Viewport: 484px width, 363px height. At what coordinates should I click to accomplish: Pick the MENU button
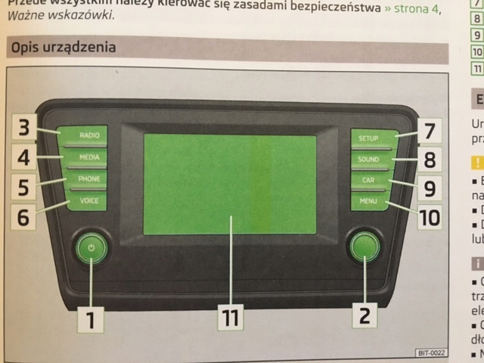coord(371,202)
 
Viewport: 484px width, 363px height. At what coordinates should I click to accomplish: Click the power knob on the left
coord(90,248)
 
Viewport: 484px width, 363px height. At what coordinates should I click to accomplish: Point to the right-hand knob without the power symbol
coord(364,247)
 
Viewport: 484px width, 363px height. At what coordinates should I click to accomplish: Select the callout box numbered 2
coord(365,315)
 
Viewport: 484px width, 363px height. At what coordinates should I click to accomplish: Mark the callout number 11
coord(230,318)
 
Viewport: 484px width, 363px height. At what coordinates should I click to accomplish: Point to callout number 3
coord(24,128)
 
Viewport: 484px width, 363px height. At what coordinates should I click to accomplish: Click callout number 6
coord(24,216)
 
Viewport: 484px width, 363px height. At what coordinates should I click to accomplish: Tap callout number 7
coord(428,130)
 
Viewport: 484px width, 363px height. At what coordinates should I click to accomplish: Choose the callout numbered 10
coord(428,218)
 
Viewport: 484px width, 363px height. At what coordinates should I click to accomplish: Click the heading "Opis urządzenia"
coord(63,48)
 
